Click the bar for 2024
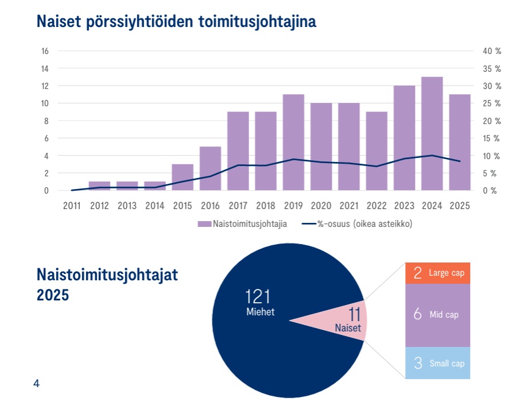pyautogui.click(x=432, y=133)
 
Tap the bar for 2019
pyautogui.click(x=293, y=142)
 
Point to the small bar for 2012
pyautogui.click(x=99, y=186)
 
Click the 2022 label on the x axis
pyautogui.click(x=377, y=206)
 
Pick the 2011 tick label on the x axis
pyautogui.click(x=72, y=206)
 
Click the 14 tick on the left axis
pyautogui.click(x=45, y=68)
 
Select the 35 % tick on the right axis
pyautogui.click(x=492, y=68)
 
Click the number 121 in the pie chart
pyautogui.click(x=257, y=297)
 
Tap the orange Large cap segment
pyautogui.click(x=437, y=273)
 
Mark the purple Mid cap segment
pyautogui.click(x=437, y=315)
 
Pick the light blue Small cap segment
pyautogui.click(x=437, y=363)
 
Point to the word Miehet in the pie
pyautogui.click(x=257, y=312)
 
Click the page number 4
pyautogui.click(x=37, y=384)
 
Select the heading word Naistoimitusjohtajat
pyautogui.click(x=107, y=275)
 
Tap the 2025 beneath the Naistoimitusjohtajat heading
pyautogui.click(x=53, y=295)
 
